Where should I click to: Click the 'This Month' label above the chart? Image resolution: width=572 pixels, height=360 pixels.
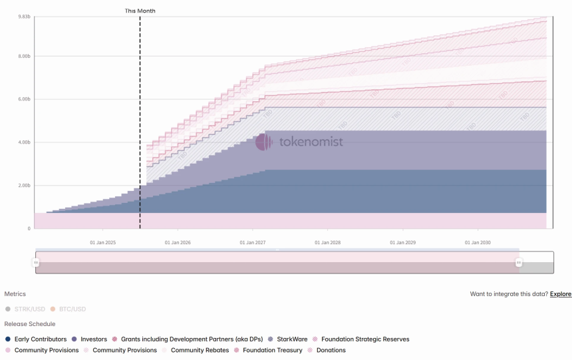140,11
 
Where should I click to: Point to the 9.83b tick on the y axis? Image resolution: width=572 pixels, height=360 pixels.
25,16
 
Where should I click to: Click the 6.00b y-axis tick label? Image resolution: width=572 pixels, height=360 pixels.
25,99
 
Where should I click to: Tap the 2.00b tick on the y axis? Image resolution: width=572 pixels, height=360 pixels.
25,186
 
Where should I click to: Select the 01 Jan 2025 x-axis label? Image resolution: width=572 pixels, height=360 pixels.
103,243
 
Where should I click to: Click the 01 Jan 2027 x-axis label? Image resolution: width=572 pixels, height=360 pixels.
253,243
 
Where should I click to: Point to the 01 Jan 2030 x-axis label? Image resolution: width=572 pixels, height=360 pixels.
478,243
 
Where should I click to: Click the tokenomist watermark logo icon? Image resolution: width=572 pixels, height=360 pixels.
264,142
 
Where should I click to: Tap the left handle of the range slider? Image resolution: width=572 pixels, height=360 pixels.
36,263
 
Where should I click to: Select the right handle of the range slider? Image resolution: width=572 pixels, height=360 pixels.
519,263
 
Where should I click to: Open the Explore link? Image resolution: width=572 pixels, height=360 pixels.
560,294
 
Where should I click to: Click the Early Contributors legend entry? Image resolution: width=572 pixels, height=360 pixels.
36,339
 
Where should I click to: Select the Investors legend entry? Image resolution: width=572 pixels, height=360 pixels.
89,339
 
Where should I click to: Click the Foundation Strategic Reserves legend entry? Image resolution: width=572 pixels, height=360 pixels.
360,339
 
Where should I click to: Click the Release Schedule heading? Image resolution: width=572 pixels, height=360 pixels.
30,324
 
